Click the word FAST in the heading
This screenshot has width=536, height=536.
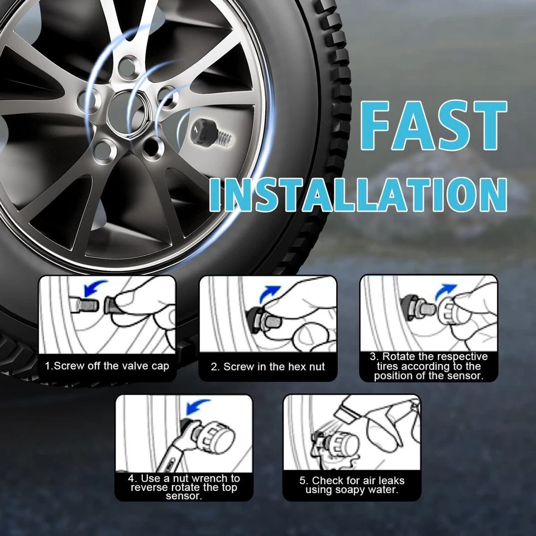[433, 125]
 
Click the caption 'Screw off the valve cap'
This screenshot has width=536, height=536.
[107, 366]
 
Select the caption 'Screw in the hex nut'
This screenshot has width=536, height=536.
[268, 367]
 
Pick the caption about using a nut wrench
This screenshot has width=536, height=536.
[184, 487]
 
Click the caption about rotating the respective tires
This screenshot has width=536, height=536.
[429, 366]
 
